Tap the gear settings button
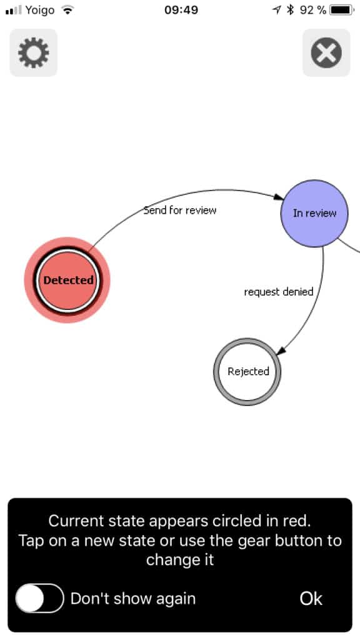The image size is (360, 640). [x=34, y=52]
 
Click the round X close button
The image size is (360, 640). [x=326, y=52]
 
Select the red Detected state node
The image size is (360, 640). [x=67, y=280]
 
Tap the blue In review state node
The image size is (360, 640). [x=314, y=213]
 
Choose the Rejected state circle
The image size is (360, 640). [x=247, y=371]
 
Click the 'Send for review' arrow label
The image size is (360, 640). [x=180, y=210]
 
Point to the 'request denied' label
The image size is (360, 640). [x=279, y=292]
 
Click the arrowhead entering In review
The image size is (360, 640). [x=278, y=197]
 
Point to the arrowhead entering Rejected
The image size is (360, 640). [x=281, y=350]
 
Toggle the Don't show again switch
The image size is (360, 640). [x=39, y=598]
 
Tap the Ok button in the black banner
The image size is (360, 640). [x=311, y=598]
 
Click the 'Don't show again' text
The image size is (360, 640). [x=133, y=598]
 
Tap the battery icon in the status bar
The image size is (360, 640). [x=342, y=10]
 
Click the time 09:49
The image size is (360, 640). [x=181, y=10]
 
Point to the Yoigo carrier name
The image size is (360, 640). [x=40, y=10]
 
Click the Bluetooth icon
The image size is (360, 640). [x=290, y=10]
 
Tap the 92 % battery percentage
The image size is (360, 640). [x=313, y=10]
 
